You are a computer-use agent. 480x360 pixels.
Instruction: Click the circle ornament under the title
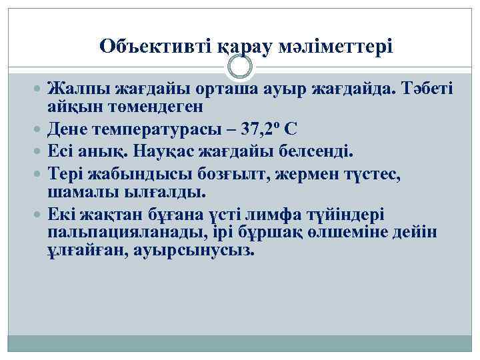pos(240,67)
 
